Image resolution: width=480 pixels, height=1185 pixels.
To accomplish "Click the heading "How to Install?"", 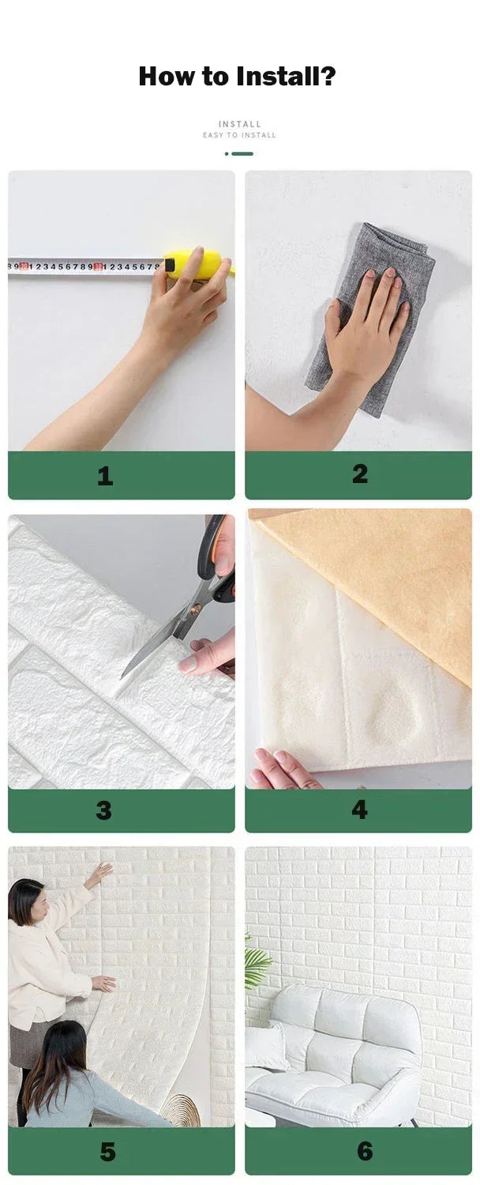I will point(238,77).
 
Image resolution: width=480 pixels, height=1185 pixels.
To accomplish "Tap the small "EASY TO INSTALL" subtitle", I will point(239,135).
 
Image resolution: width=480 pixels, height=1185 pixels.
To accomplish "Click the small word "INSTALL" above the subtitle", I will point(239,124).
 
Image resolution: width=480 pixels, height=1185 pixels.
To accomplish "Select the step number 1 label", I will point(105,476).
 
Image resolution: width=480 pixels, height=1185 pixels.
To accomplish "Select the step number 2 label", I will point(360,474).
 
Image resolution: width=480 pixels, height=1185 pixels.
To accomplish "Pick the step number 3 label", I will point(104,810).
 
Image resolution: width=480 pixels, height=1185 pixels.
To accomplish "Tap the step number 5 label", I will point(108,1152).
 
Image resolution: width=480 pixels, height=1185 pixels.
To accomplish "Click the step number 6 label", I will point(364,1151).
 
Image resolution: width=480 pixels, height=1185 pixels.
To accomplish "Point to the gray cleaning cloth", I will point(371,316).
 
